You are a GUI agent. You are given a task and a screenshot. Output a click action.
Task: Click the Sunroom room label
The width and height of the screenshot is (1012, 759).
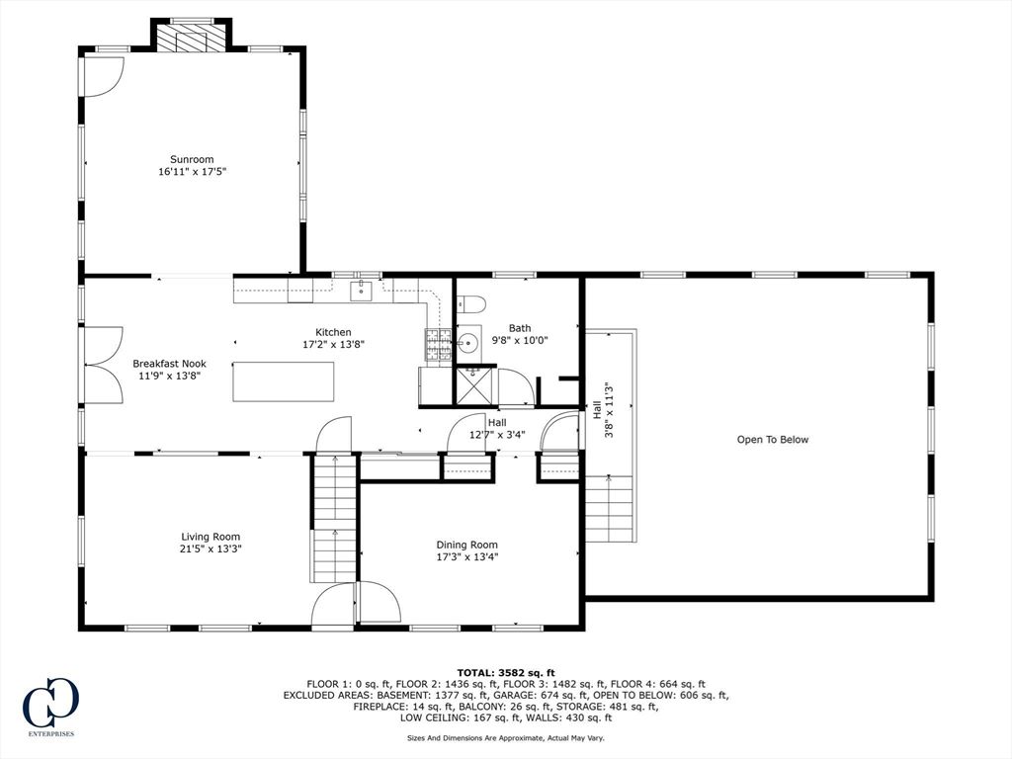[192, 159]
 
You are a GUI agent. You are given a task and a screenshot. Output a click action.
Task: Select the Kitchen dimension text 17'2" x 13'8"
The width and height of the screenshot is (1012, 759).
[333, 345]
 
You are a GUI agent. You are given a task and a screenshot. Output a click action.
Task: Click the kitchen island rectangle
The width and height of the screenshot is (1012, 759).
[284, 381]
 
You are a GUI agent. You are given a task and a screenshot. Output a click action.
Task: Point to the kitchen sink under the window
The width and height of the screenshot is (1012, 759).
[363, 289]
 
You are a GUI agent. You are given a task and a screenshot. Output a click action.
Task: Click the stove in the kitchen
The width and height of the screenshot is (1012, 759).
[438, 345]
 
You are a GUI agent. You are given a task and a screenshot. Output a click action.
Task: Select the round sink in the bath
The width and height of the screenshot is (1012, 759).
[468, 343]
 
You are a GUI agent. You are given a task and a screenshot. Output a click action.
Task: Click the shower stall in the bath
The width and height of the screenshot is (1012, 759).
[473, 385]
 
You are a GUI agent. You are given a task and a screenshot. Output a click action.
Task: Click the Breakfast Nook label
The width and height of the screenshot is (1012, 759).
[169, 364]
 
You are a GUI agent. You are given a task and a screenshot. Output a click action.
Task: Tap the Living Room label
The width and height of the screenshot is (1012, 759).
[211, 537]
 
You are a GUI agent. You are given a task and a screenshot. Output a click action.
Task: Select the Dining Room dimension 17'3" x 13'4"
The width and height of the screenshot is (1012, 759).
[467, 556]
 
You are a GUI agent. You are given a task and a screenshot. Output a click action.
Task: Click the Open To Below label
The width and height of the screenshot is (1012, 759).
[772, 440]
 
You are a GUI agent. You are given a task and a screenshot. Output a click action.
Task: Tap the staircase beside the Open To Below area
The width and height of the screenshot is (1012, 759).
[609, 507]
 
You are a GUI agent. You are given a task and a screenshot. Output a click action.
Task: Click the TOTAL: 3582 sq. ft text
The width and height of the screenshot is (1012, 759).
[505, 672]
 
